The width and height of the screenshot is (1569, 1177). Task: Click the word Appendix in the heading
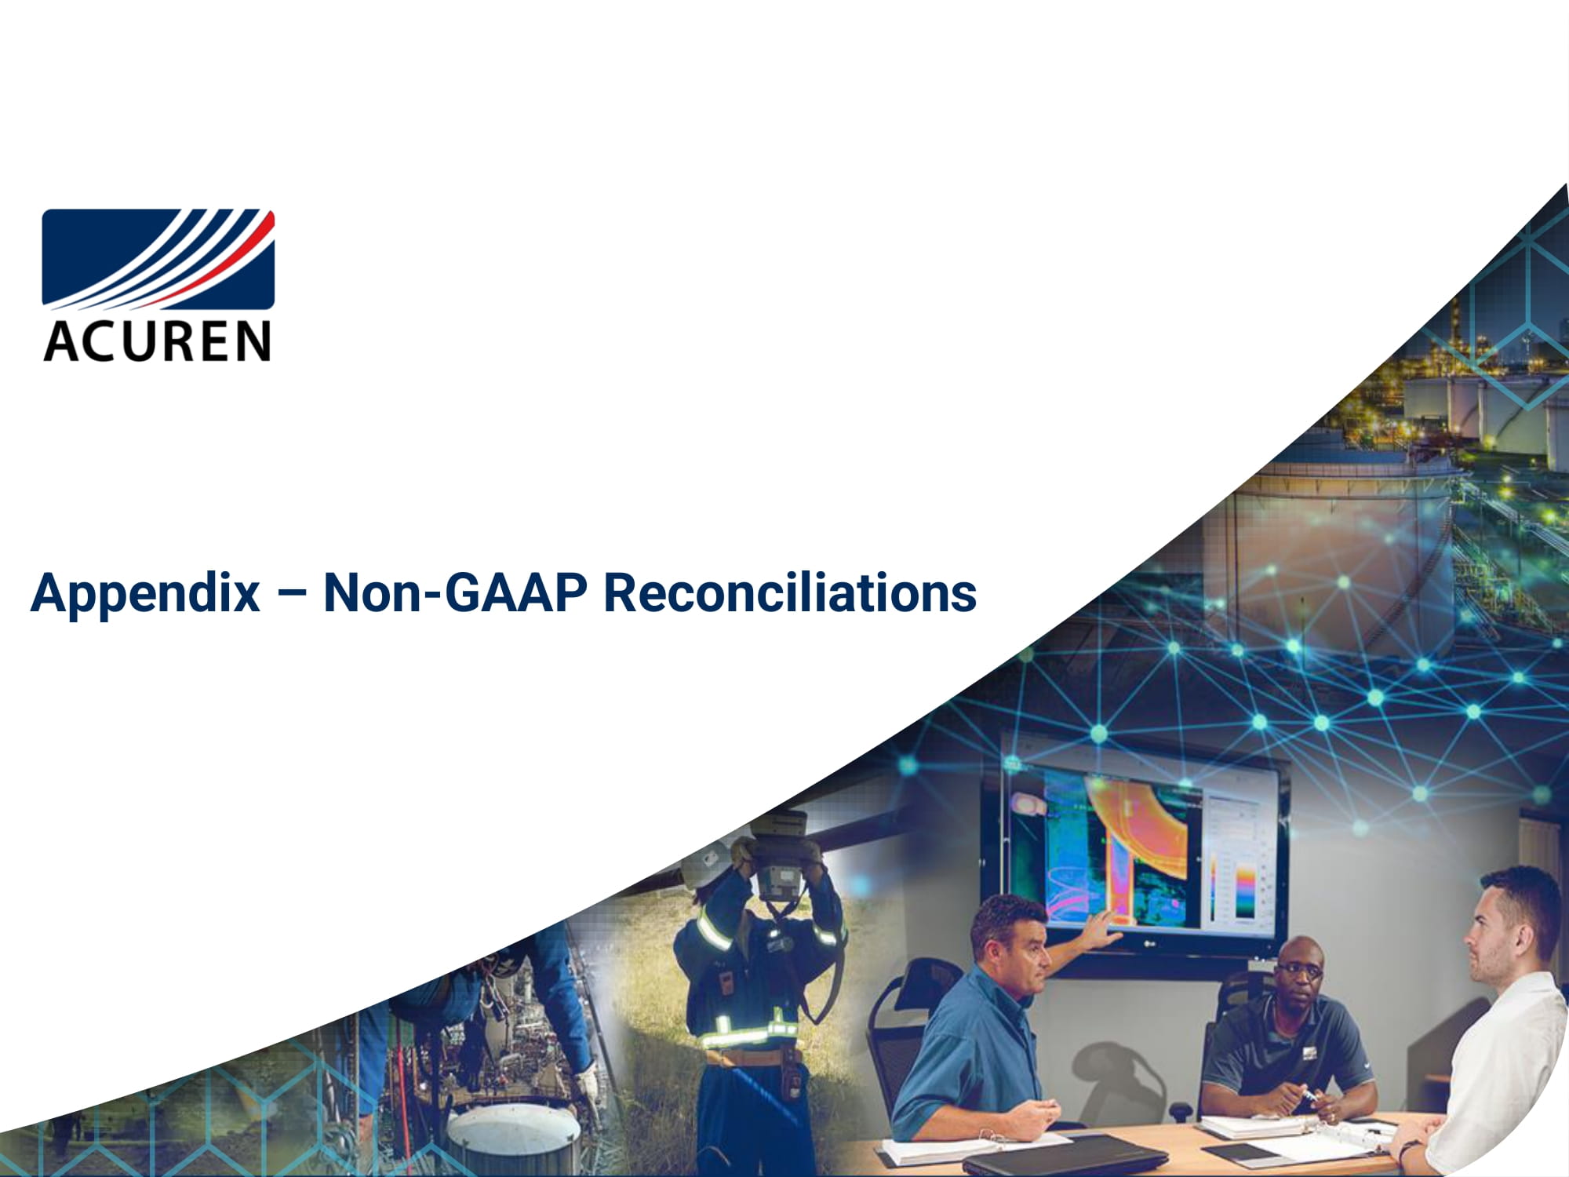click(x=145, y=594)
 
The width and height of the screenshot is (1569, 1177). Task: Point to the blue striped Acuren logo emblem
click(x=158, y=259)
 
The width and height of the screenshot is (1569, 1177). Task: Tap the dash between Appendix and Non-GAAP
click(x=292, y=594)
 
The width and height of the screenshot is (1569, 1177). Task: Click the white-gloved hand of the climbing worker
click(x=586, y=1083)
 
